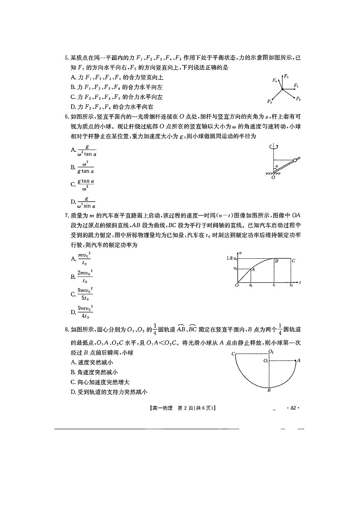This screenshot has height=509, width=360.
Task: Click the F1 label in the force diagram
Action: coord(296,85)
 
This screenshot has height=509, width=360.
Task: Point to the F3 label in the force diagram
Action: coord(270,101)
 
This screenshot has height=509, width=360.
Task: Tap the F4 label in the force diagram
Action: coord(275,80)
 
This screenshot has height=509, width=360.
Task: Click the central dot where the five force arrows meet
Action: coord(282,90)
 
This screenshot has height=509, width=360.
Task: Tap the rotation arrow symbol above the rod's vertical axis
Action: coord(272,146)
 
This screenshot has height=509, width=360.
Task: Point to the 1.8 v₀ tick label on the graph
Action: coord(232,258)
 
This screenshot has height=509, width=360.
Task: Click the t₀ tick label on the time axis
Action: coord(251,286)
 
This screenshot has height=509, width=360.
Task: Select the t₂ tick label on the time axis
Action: coord(291,286)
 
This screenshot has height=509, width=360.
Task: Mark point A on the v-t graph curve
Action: coord(253,269)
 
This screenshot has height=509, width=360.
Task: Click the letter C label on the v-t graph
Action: coord(293,261)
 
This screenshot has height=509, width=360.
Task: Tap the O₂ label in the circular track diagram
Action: coord(271,351)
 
